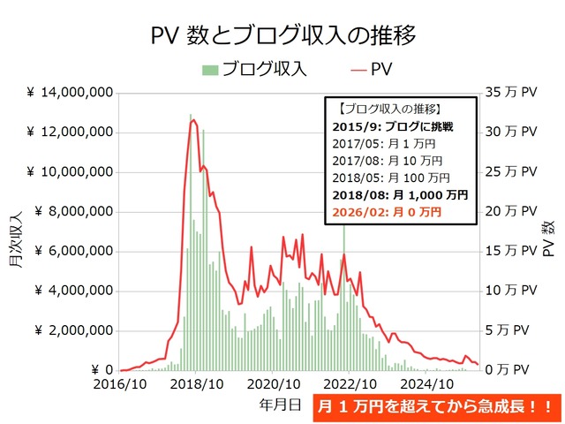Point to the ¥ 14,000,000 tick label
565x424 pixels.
coord(69,93)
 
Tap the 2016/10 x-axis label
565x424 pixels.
coord(122,385)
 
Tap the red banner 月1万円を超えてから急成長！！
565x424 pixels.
coord(436,408)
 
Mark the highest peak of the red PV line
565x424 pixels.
coord(192,120)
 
